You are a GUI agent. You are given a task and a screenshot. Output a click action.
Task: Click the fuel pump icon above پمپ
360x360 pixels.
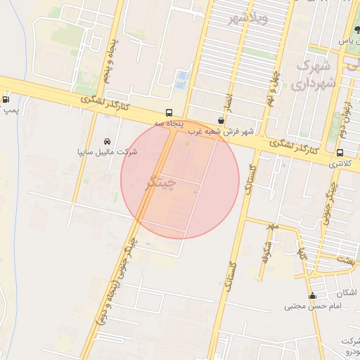coord(6,99)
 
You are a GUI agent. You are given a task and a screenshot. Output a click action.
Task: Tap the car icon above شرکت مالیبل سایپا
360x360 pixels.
coord(108,141)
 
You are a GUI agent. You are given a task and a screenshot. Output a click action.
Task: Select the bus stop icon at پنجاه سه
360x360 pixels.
coord(169,112)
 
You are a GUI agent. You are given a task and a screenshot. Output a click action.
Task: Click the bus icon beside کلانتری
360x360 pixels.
coord(340,153)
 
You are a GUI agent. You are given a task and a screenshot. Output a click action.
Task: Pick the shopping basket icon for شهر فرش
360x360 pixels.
coord(221,120)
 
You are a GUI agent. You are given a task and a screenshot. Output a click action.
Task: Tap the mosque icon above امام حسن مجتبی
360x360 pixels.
coord(313,295)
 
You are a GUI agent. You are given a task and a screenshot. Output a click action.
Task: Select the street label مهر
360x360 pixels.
coord(273,226)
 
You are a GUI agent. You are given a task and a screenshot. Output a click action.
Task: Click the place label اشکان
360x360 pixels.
coord(345,292)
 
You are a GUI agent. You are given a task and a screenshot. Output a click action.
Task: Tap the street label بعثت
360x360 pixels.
coord(346,260)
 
